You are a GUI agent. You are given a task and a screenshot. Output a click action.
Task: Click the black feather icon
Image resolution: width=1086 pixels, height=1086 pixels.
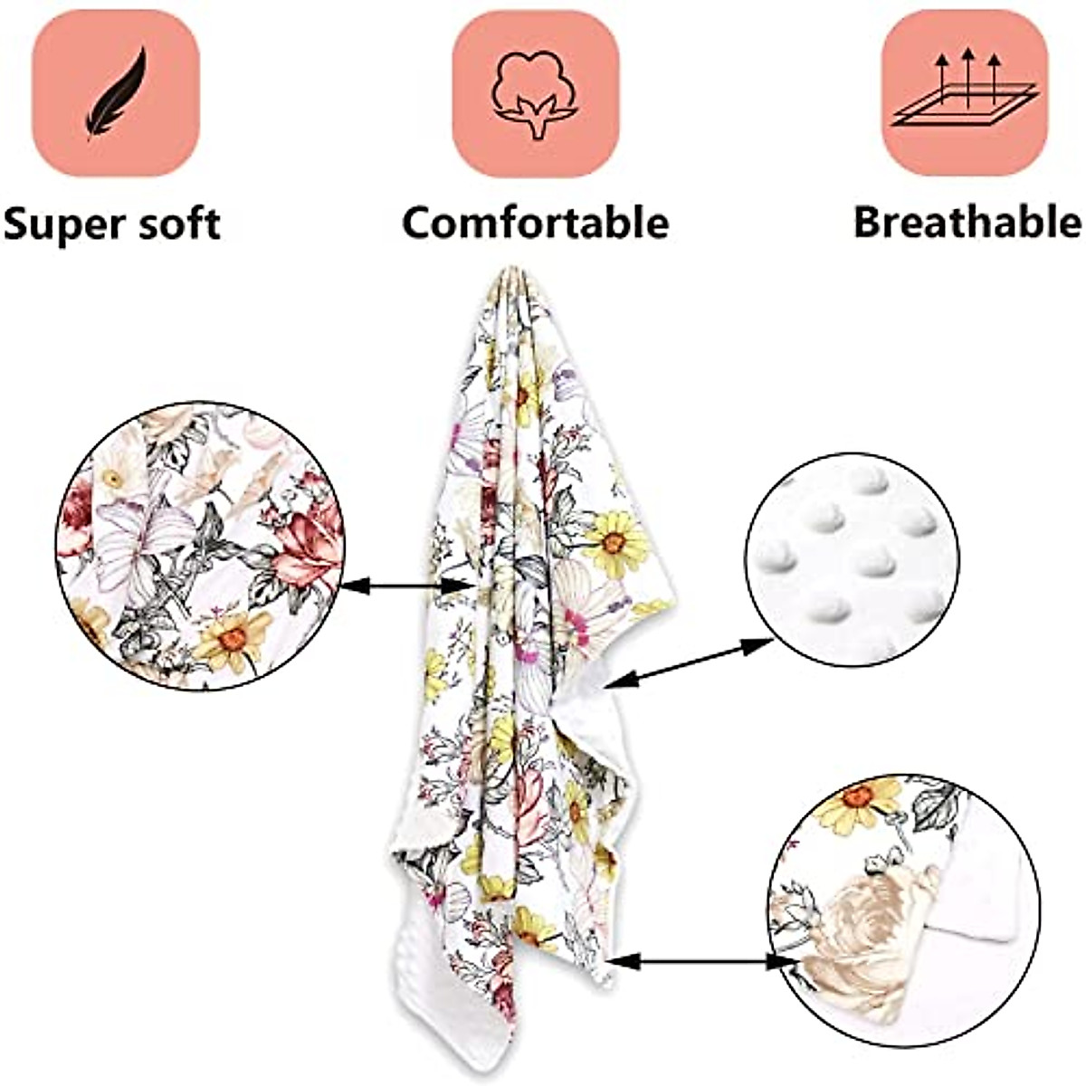[x=116, y=93]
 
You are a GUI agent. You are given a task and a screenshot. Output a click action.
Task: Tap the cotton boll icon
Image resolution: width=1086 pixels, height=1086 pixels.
[x=535, y=93]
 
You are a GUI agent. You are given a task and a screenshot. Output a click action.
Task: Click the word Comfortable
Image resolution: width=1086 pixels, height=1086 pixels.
[x=535, y=223]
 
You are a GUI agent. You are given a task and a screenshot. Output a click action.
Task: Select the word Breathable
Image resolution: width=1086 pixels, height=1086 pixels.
[x=967, y=223]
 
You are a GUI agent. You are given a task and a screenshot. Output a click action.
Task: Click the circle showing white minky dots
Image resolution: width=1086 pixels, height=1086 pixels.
[x=851, y=559]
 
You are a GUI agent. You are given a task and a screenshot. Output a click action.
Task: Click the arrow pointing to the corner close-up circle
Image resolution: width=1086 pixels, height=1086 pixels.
[x=692, y=960]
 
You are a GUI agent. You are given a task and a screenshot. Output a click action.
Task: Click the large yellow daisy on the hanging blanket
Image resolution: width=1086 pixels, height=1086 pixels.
[x=614, y=542]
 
